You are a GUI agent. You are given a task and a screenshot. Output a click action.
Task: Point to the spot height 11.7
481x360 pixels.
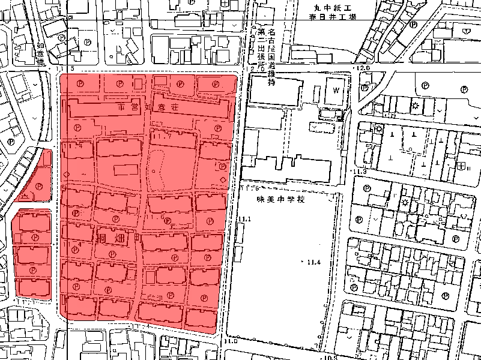coord(163,136)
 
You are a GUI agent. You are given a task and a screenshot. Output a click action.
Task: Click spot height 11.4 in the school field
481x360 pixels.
coord(313,263)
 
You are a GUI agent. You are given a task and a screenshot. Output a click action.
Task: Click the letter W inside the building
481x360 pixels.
coord(336,89)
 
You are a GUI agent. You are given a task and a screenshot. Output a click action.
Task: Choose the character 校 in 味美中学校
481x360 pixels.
coord(301,199)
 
